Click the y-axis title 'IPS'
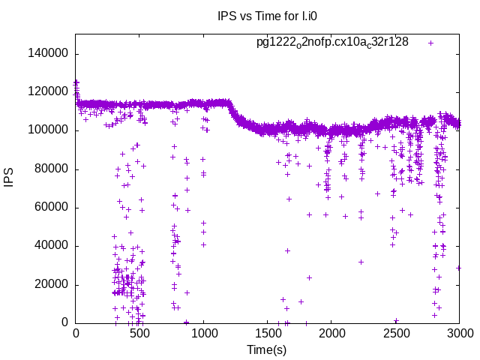click(x=10, y=178)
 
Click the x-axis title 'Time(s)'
click(x=267, y=349)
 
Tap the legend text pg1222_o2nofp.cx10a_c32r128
click(x=332, y=42)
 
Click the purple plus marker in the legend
click(x=431, y=43)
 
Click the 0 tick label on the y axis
click(x=65, y=323)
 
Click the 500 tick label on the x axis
click(x=139, y=334)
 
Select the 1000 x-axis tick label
click(x=203, y=334)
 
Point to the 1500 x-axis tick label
click(x=268, y=334)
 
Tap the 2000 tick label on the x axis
click(x=331, y=334)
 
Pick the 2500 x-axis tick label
click(x=396, y=334)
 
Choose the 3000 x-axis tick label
click(x=460, y=334)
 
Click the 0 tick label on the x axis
click(x=75, y=334)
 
